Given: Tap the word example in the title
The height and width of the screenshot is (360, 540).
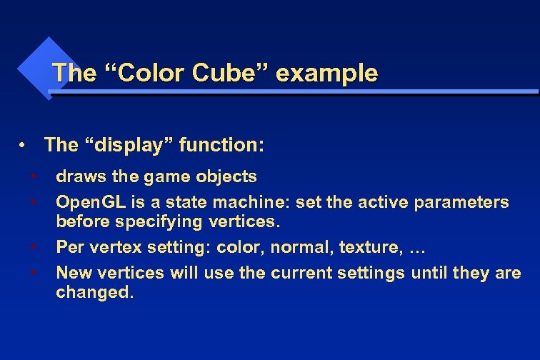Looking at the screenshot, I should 326,73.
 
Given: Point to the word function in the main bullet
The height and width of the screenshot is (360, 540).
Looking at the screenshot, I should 221,146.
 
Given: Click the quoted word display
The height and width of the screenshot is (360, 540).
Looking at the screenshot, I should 128,146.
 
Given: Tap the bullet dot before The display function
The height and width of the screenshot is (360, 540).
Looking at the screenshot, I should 24,146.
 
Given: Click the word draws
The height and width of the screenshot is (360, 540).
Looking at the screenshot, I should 79,176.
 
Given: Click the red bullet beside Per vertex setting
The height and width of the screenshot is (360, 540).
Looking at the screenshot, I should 34,247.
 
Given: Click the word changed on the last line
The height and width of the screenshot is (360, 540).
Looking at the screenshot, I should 94,293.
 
